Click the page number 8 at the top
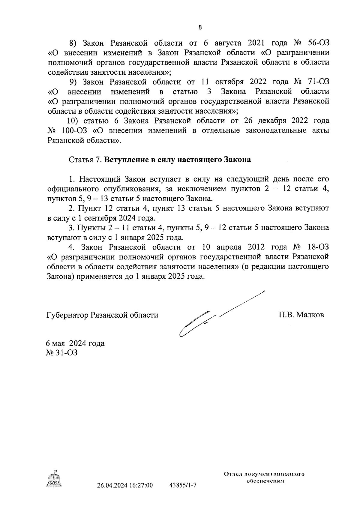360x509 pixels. (x=200, y=28)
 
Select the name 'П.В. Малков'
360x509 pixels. (x=301, y=315)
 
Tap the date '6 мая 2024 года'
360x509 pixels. (x=75, y=343)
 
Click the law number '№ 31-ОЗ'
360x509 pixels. (x=61, y=353)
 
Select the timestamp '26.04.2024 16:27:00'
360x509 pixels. (x=125, y=485)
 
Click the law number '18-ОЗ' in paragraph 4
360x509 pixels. (x=318, y=247)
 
